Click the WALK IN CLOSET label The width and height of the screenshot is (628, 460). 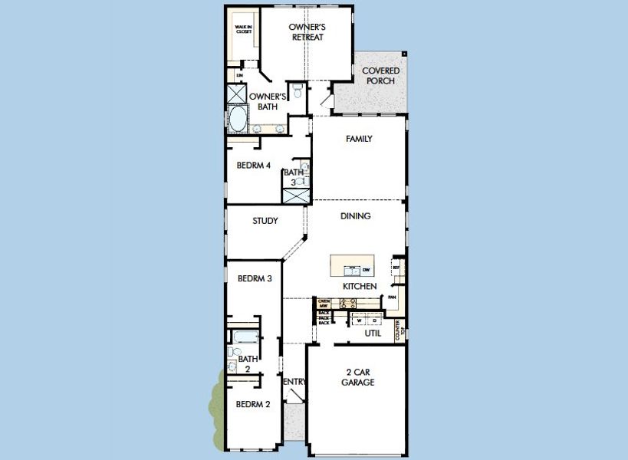(x=243, y=29)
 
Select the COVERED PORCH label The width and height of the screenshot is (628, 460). (x=380, y=76)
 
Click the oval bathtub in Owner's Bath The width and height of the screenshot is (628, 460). (x=238, y=120)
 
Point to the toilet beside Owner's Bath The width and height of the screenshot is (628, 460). (x=296, y=89)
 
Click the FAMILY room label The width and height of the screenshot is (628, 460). (x=359, y=139)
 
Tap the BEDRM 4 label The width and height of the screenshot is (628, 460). (x=253, y=165)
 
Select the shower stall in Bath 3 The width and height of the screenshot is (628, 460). (x=295, y=195)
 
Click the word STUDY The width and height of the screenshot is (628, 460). (x=265, y=221)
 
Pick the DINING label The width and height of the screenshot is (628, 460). (x=356, y=216)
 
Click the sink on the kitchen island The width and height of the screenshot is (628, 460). (x=351, y=270)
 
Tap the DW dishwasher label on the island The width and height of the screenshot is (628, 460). (x=366, y=270)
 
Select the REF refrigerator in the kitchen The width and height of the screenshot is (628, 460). (x=396, y=268)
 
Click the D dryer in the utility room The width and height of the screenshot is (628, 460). (x=374, y=320)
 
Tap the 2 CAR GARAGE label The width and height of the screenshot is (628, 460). (x=357, y=376)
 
